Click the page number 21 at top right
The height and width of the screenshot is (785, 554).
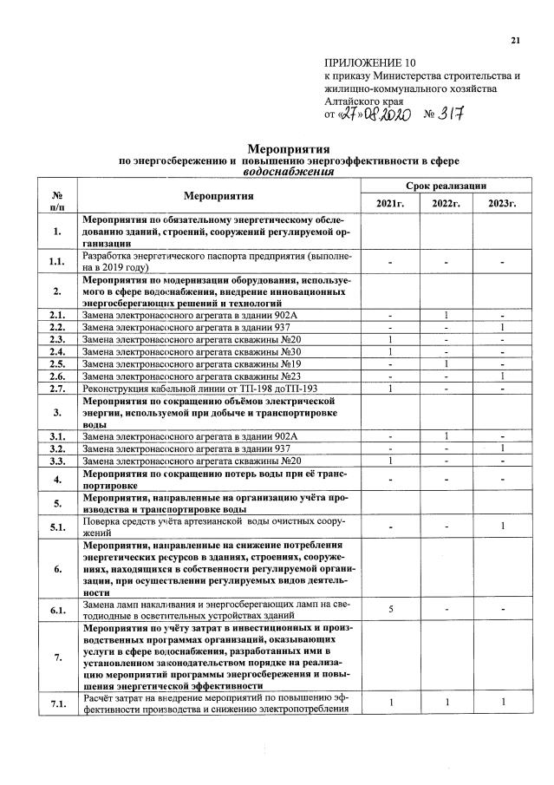[x=517, y=40]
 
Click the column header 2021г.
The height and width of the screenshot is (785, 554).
[x=389, y=203]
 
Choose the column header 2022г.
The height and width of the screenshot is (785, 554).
[x=446, y=203]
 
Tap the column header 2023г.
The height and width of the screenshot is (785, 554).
[x=501, y=203]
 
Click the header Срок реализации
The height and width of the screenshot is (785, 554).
[x=446, y=186]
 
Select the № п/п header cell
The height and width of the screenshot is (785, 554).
[x=57, y=196]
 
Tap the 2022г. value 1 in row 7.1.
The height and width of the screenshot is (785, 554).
[x=446, y=701]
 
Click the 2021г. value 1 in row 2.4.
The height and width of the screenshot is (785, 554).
[x=390, y=351]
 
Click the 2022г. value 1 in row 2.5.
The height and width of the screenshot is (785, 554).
[x=446, y=363]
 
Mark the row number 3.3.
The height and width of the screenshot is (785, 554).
[x=57, y=460]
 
